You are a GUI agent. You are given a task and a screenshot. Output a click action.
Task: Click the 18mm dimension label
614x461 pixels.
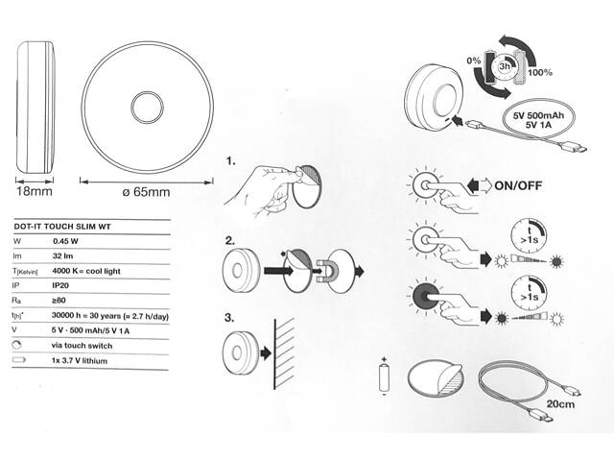[35, 191]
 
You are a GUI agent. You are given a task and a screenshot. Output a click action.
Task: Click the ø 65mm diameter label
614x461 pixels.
[146, 192]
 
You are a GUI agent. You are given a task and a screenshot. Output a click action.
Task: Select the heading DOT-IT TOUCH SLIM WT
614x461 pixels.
[62, 227]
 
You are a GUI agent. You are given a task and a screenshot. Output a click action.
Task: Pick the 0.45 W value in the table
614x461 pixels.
[65, 241]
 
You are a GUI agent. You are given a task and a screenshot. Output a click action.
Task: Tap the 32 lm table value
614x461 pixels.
[62, 256]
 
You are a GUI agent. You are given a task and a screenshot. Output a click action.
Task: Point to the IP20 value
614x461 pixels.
[60, 285]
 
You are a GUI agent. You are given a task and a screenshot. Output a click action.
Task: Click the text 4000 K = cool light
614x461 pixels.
[86, 271]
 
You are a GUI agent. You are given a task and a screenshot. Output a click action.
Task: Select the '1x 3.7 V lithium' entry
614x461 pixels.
[79, 361]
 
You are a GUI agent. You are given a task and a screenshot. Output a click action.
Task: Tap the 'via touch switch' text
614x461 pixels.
[82, 346]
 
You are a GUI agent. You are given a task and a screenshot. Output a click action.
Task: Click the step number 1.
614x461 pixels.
[230, 160]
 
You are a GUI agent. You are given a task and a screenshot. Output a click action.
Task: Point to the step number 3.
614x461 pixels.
[229, 318]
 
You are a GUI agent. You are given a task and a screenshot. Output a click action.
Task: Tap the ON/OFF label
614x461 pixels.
[518, 185]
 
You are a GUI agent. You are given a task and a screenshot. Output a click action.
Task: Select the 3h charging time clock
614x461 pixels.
[505, 66]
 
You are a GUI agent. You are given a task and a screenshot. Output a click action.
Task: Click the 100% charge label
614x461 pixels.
[540, 73]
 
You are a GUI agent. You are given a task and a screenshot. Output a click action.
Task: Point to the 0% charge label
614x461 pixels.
[473, 61]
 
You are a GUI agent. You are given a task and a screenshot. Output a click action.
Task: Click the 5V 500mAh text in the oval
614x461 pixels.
[538, 115]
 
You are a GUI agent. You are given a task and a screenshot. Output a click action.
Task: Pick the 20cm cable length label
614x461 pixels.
[560, 403]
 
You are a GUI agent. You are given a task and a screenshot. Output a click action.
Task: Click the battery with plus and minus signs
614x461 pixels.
[385, 377]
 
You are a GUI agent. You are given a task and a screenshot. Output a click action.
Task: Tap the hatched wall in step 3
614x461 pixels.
[285, 353]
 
